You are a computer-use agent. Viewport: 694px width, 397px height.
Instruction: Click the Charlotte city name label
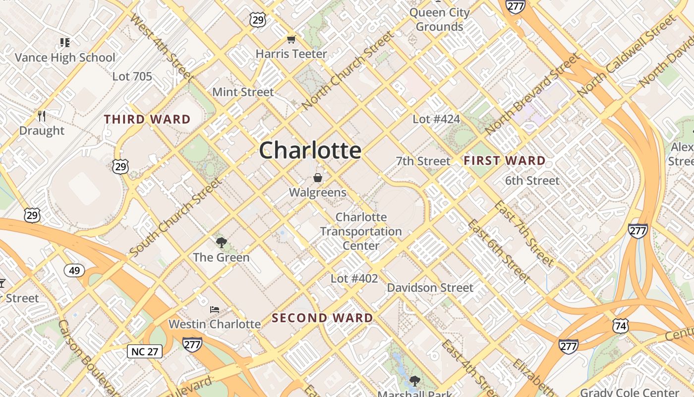click(310, 150)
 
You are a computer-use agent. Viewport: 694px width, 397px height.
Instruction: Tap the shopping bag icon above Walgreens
click(317, 178)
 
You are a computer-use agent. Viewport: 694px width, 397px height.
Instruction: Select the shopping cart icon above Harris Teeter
click(291, 40)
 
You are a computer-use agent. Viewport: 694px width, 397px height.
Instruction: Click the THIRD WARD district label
click(147, 120)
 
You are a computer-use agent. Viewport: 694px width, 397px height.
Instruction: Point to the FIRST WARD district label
click(504, 161)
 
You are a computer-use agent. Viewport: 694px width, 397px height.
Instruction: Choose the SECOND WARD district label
click(322, 318)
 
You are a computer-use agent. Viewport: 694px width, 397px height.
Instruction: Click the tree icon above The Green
click(221, 243)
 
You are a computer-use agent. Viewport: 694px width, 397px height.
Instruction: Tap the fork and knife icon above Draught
click(42, 117)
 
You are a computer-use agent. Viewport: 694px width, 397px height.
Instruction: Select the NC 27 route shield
click(145, 352)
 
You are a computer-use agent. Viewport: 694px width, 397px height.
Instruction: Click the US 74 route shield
click(620, 326)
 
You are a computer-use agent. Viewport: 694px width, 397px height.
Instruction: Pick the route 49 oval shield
click(74, 270)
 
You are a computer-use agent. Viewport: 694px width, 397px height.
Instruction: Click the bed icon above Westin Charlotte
click(214, 310)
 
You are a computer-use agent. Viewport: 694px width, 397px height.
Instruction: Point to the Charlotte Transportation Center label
click(361, 231)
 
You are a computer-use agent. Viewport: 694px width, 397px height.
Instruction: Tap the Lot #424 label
click(436, 119)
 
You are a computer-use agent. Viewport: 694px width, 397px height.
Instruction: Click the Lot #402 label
click(354, 279)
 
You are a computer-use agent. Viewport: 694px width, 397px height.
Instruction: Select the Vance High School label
click(65, 58)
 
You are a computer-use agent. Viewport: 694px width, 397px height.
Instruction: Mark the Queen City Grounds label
click(439, 19)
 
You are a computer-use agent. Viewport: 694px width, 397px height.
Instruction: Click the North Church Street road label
click(347, 70)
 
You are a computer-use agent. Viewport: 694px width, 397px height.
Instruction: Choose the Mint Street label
click(243, 92)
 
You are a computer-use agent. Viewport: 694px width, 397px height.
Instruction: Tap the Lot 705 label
click(132, 76)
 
